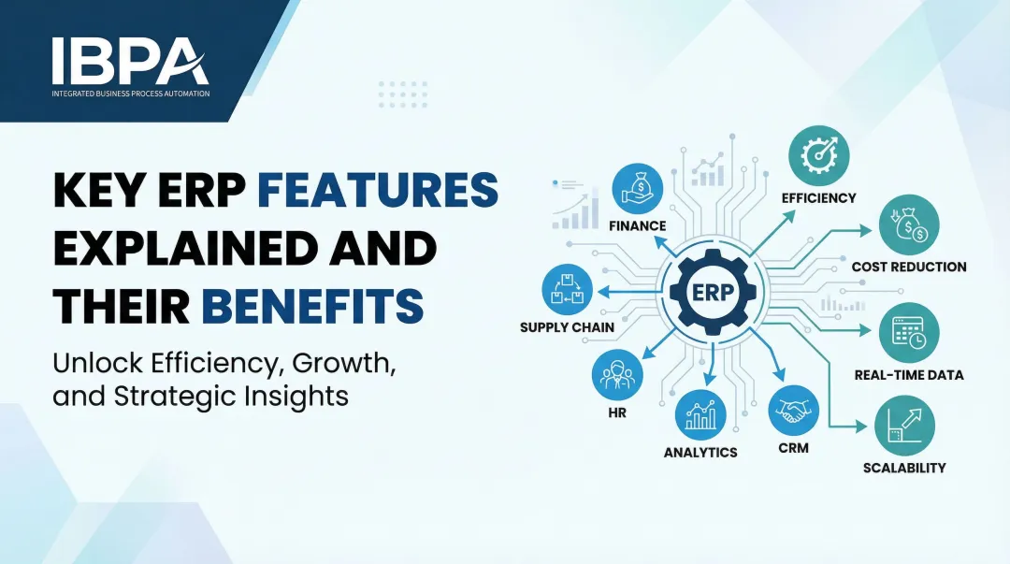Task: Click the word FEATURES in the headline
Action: coord(377,191)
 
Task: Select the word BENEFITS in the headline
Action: coord(312,307)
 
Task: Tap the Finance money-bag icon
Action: coord(638,185)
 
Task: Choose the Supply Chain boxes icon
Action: coord(567,289)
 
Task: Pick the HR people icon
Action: coord(617,375)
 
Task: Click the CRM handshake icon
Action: coord(793,411)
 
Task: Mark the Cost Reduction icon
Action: coord(908,225)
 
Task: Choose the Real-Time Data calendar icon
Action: coord(908,333)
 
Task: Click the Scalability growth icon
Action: coord(903,426)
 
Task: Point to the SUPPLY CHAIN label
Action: coord(568,328)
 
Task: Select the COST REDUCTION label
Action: coord(908,268)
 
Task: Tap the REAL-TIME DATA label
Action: coord(908,375)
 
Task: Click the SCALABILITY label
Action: coord(903,468)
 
